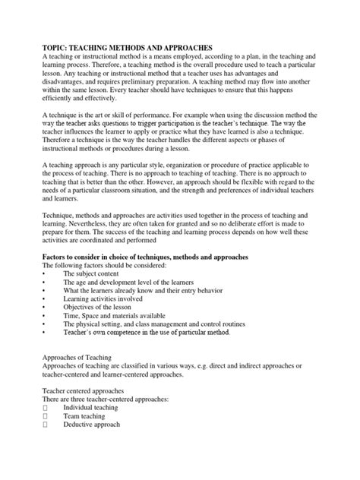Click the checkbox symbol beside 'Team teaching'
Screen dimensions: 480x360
click(x=46, y=417)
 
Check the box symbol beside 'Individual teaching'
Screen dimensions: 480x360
click(x=46, y=408)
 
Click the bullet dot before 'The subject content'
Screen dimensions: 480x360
click(x=44, y=273)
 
